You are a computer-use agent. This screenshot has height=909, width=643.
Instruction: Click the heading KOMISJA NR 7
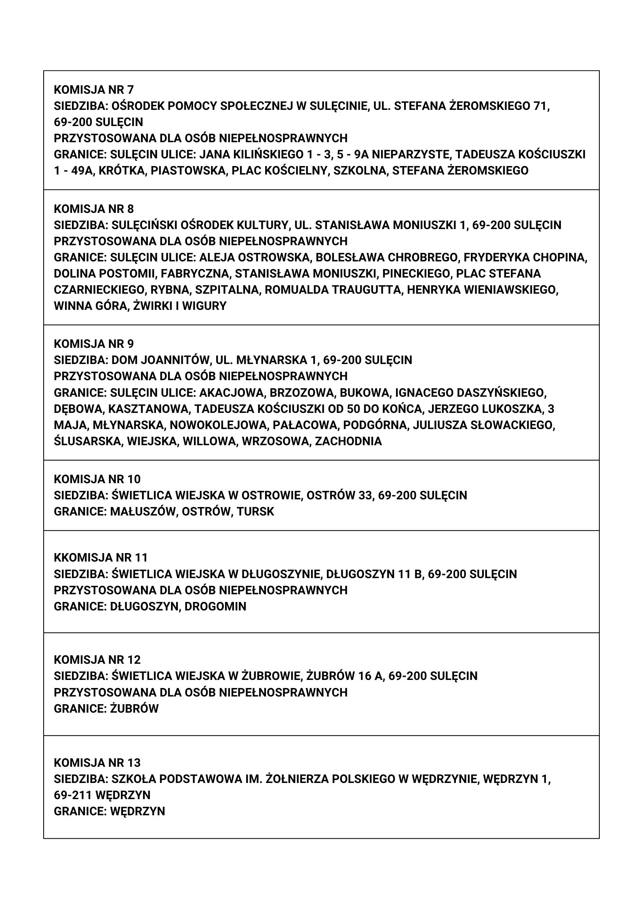(94, 89)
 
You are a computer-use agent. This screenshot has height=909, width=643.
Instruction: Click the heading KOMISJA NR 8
(94, 208)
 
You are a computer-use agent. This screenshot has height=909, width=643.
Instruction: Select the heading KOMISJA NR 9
(94, 344)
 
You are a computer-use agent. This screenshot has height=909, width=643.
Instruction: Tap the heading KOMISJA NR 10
(97, 479)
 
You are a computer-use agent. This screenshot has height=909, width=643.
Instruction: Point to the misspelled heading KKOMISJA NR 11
(101, 558)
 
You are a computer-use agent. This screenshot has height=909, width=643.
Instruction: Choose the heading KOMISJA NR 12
(97, 660)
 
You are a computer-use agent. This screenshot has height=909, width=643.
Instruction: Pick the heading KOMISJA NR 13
(97, 763)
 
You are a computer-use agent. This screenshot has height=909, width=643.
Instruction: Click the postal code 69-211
(73, 795)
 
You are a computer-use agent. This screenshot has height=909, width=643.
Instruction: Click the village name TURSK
(255, 511)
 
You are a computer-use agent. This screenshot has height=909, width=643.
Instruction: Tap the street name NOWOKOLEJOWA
(219, 425)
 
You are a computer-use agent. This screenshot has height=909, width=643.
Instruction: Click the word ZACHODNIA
(348, 441)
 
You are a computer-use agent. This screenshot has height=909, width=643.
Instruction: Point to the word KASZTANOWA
(148, 409)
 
